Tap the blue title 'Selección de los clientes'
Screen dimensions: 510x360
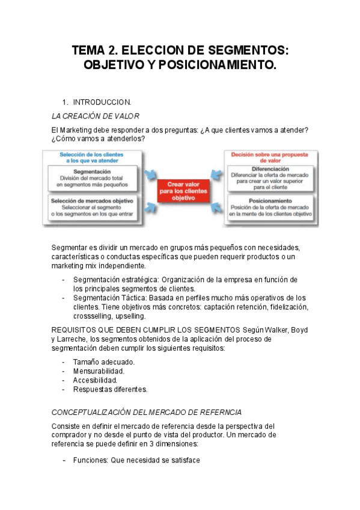point(91,155)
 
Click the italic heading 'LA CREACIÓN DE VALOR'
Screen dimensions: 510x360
point(96,116)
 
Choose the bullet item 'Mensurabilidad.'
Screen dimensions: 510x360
point(99,371)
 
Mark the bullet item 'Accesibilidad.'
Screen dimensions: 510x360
point(95,380)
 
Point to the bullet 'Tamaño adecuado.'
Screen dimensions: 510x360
point(103,362)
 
